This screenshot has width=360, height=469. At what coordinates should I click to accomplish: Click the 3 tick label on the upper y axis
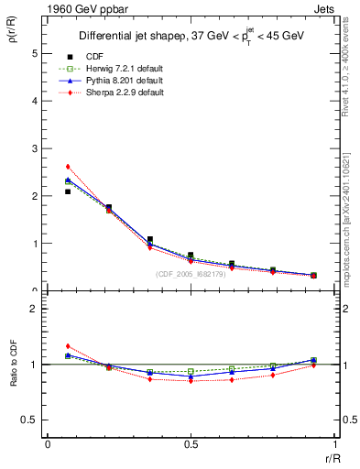(x=35, y=148)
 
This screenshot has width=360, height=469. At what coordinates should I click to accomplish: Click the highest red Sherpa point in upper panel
(x=68, y=167)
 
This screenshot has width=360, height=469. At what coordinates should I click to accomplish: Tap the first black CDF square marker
(x=68, y=191)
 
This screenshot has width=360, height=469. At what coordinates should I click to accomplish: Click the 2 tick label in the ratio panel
(x=35, y=309)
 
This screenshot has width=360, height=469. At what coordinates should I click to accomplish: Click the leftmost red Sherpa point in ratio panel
(x=68, y=346)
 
